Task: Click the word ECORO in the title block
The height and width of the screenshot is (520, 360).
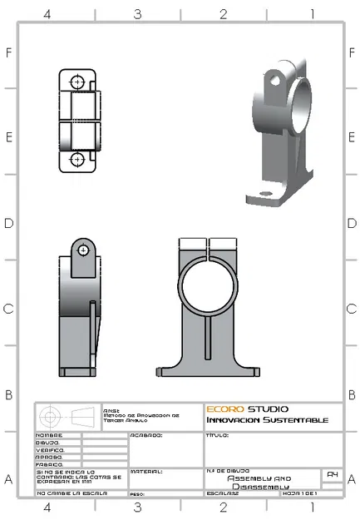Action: pos(224,409)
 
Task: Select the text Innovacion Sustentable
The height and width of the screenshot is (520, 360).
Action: pos(267,420)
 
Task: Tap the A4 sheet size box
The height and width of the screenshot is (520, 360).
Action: pos(332,474)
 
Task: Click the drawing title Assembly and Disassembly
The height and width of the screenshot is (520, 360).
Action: pos(259,483)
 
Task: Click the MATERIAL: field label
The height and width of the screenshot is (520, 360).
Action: pos(146,471)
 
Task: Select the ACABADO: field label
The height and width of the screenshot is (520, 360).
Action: pos(146,434)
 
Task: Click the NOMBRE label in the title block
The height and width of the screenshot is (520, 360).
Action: pos(48,435)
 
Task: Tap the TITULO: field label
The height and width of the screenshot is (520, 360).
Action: pos(218,434)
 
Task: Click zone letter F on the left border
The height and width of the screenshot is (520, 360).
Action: pos(9,52)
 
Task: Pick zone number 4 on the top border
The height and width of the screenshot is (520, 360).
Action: pos(47,14)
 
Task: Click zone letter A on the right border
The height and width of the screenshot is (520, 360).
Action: pos(351,480)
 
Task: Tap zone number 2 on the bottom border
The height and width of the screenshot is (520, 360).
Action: pos(223,506)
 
